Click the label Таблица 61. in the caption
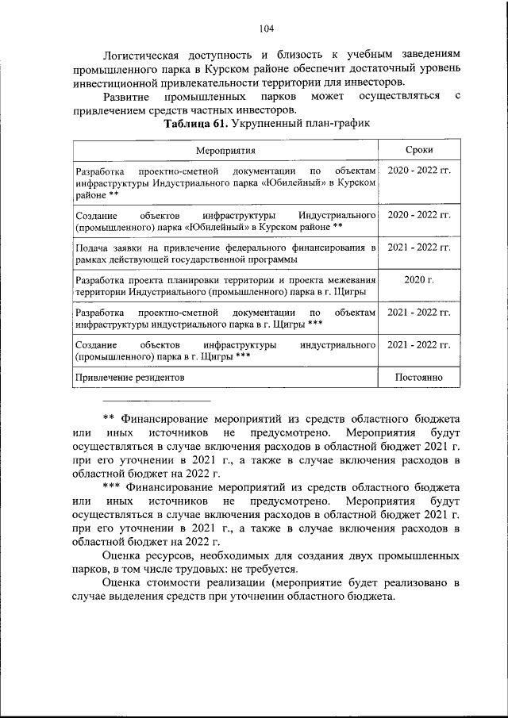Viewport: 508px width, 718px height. (194, 125)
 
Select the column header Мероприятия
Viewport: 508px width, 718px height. (225, 151)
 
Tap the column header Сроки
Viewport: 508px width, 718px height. (418, 151)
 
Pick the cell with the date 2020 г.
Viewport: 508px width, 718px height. (418, 280)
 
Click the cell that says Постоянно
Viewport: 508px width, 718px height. (418, 378)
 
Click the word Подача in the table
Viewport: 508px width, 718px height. (91, 248)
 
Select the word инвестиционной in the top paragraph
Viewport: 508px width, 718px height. (111, 83)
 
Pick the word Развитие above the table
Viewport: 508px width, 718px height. (127, 96)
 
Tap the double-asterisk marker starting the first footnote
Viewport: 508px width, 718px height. (110, 417)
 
